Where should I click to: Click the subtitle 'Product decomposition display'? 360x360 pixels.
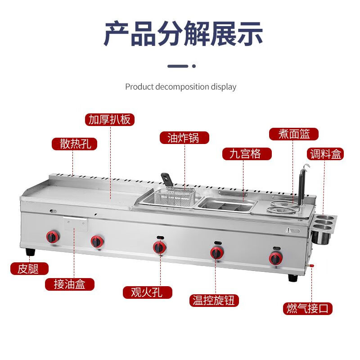click(180, 86)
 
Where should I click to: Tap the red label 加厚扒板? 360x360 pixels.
click(110, 119)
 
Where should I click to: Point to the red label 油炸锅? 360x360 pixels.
click(184, 138)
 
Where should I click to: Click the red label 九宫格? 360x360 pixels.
click(247, 154)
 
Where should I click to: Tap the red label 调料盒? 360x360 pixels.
click(326, 154)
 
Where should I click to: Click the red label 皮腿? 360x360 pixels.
click(29, 269)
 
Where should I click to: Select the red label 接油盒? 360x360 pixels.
click(69, 284)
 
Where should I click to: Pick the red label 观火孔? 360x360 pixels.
click(148, 292)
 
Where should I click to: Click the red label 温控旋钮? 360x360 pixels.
click(214, 300)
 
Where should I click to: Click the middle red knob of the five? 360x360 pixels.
click(158, 247)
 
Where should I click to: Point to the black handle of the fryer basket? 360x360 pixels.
click(166, 179)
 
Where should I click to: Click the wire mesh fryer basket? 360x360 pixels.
click(173, 196)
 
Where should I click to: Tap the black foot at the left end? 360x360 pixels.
click(30, 252)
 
